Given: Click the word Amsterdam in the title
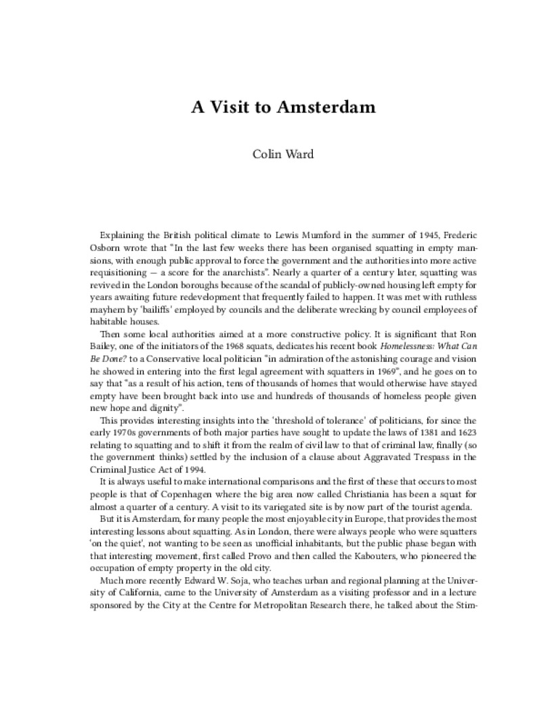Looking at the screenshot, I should click(x=318, y=108).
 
